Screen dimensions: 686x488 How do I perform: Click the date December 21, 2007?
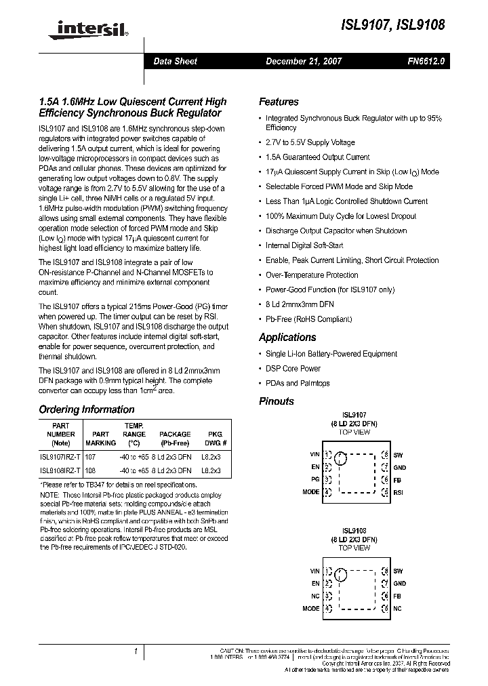pyautogui.click(x=303, y=61)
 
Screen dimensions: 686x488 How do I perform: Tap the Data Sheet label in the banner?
pyautogui.click(x=175, y=61)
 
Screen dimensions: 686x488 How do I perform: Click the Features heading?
pyautogui.click(x=279, y=102)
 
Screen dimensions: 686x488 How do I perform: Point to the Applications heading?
pyautogui.click(x=287, y=337)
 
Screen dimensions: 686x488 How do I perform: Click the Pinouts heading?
pyautogui.click(x=277, y=401)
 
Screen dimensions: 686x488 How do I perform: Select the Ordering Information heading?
pyautogui.click(x=86, y=409)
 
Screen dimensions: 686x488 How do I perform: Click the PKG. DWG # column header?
pyautogui.click(x=214, y=438)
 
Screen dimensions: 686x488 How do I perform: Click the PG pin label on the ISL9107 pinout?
pyautogui.click(x=314, y=479)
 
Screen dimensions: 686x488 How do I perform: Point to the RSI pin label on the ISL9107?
pyautogui.click(x=398, y=492)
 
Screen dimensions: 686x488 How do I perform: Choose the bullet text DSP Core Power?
pyautogui.click(x=293, y=369)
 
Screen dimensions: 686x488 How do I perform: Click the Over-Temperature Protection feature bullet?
pyautogui.click(x=312, y=275)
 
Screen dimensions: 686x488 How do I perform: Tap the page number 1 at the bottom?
pyautogui.click(x=136, y=651)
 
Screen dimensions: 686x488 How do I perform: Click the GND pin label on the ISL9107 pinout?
pyautogui.click(x=399, y=468)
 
